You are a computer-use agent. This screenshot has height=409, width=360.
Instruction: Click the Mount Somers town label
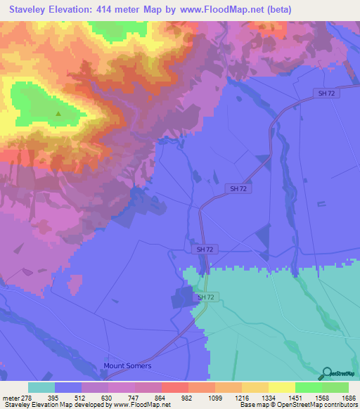pyautogui.click(x=127, y=366)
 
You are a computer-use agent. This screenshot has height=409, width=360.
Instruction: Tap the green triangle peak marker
pyautogui.click(x=58, y=113)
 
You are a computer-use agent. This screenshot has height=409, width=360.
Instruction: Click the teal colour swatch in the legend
pyautogui.click(x=41, y=387)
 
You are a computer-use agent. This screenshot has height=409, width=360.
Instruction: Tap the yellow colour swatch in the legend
pyautogui.click(x=282, y=387)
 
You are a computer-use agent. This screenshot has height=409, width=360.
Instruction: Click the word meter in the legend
pyautogui.click(x=10, y=397)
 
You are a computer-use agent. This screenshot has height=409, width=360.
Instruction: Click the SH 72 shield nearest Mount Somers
pyautogui.click(x=205, y=298)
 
